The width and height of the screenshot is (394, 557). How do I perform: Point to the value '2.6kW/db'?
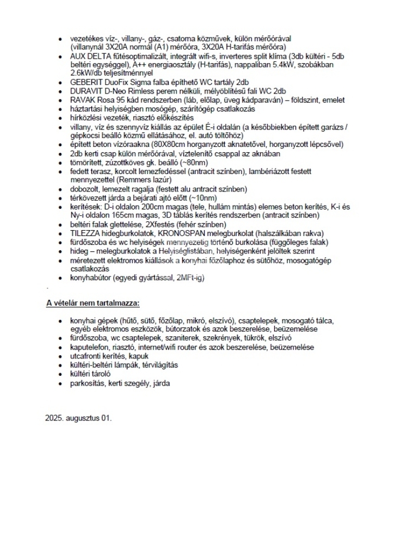(87, 73)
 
